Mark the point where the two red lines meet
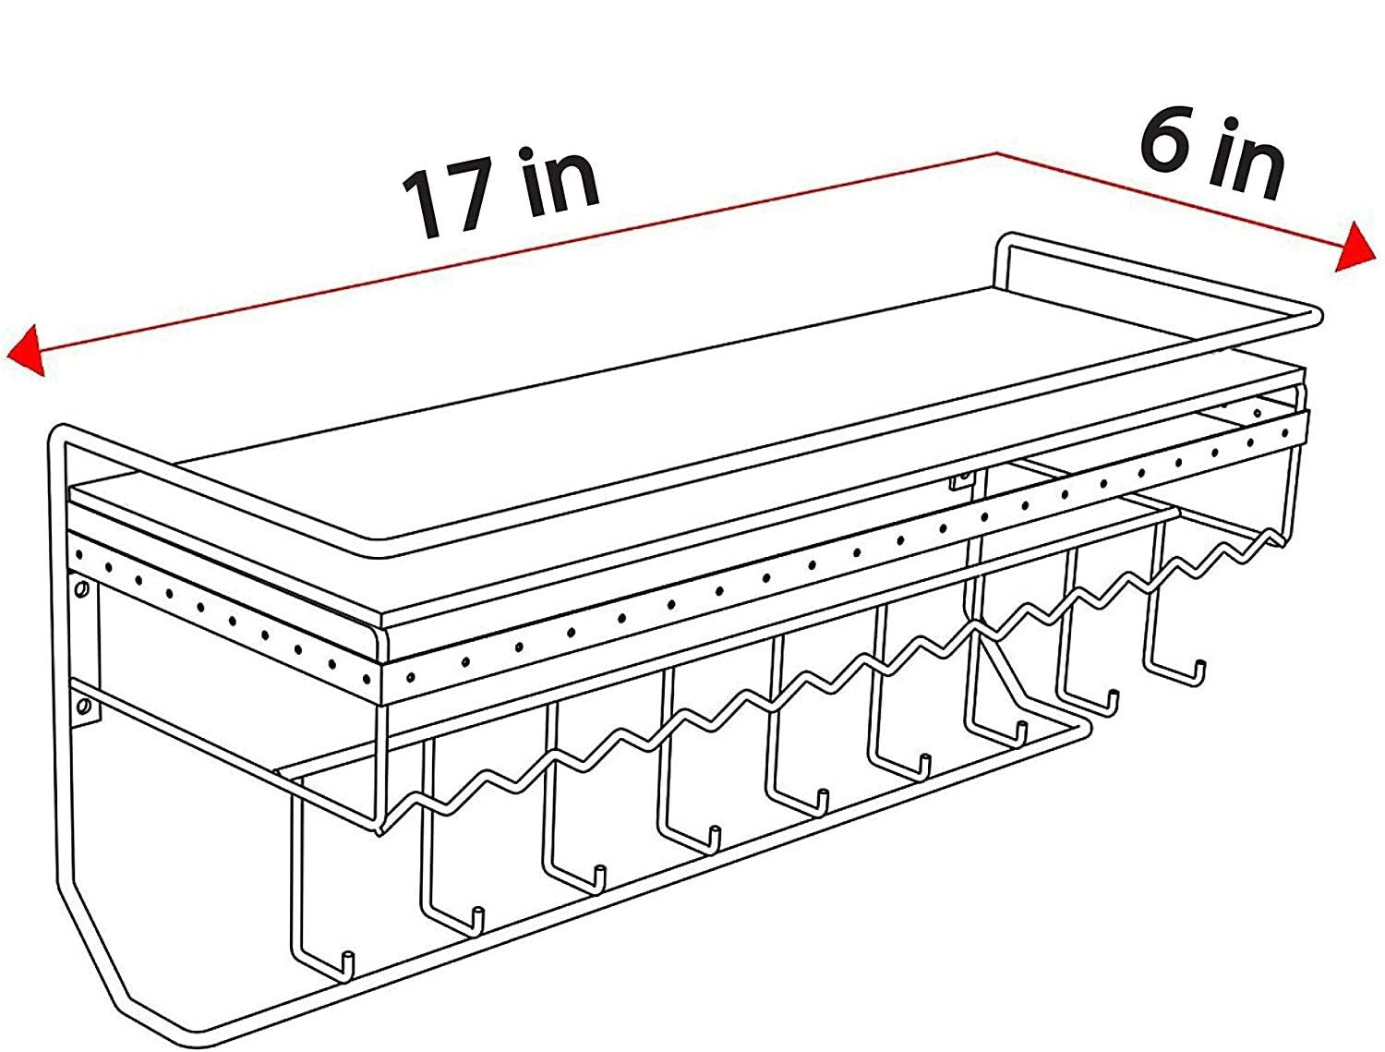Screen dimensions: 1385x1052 (x=996, y=153)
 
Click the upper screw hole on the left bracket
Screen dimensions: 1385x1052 (x=81, y=591)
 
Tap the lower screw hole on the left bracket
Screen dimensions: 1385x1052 (x=84, y=705)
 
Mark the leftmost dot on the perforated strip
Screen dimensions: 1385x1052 (x=78, y=555)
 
